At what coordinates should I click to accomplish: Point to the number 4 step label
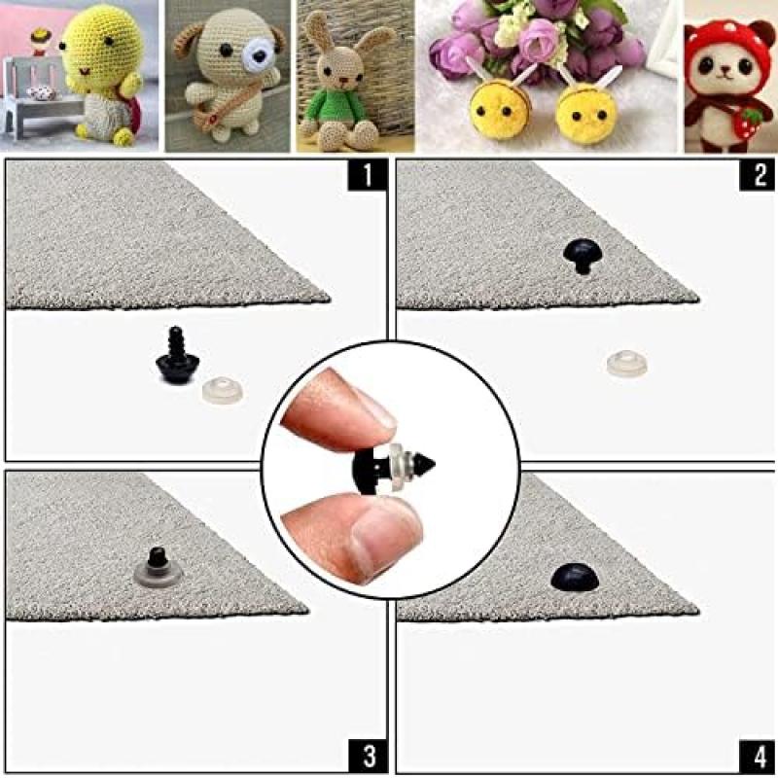tap(757, 755)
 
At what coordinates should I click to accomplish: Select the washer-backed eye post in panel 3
tap(155, 567)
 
